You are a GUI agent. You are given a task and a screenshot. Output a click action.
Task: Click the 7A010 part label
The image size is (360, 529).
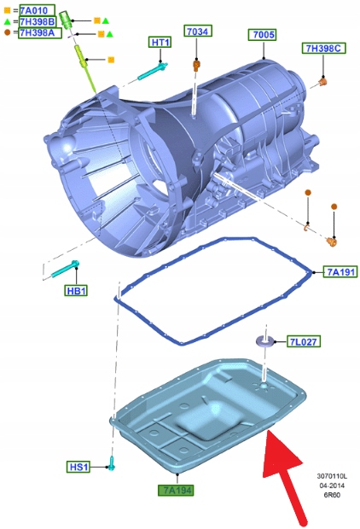(37, 10)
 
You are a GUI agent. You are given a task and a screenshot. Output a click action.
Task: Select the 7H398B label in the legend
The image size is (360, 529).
(38, 22)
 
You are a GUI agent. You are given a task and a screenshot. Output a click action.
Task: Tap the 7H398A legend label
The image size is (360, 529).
(40, 32)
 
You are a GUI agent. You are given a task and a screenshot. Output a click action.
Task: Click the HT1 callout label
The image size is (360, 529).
(160, 42)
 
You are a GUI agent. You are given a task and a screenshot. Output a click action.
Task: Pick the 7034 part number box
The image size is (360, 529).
(197, 31)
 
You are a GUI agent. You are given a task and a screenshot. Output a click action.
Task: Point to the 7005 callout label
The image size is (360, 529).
(263, 35)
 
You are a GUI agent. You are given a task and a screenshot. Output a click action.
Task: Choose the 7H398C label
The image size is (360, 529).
(323, 49)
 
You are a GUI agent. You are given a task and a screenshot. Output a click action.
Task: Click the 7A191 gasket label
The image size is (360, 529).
(340, 271)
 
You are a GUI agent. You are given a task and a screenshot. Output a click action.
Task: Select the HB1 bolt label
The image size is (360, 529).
(76, 291)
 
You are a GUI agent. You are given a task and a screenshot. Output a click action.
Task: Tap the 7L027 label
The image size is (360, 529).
(304, 341)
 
